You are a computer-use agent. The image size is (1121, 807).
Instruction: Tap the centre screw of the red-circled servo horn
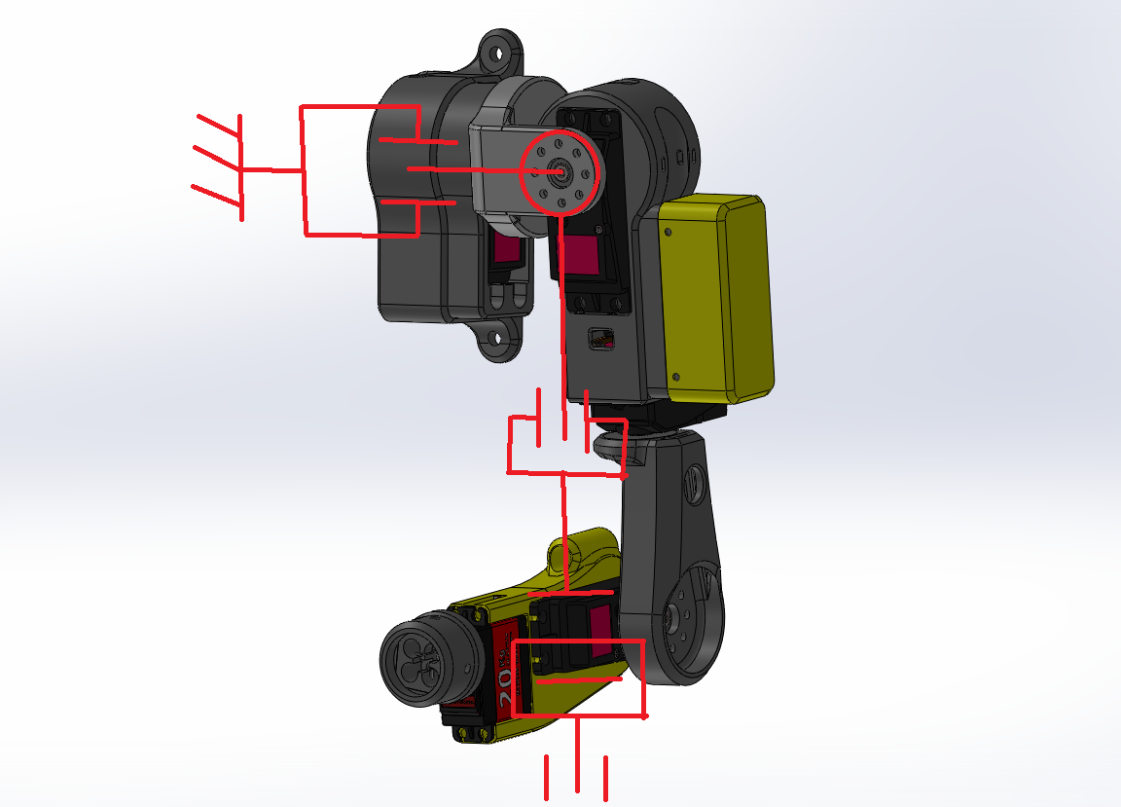(560, 170)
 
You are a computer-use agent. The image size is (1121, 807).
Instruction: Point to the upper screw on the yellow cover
(669, 232)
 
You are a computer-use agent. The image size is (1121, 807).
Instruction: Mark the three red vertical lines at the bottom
(576, 776)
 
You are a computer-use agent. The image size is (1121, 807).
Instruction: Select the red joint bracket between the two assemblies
(564, 443)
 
